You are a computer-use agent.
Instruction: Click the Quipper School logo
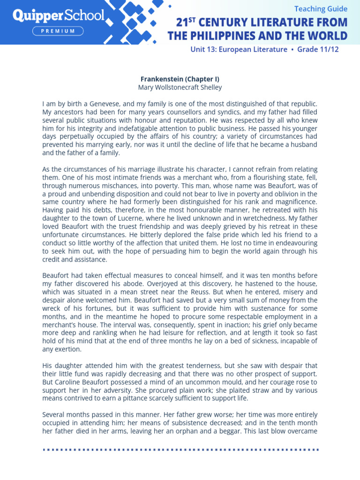58,15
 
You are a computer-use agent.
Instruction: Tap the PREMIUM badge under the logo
58,31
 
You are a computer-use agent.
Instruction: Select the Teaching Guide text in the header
321,8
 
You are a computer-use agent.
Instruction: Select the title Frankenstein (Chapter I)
180,79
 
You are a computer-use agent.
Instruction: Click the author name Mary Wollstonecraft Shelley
180,87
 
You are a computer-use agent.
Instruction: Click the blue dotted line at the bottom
180,450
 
